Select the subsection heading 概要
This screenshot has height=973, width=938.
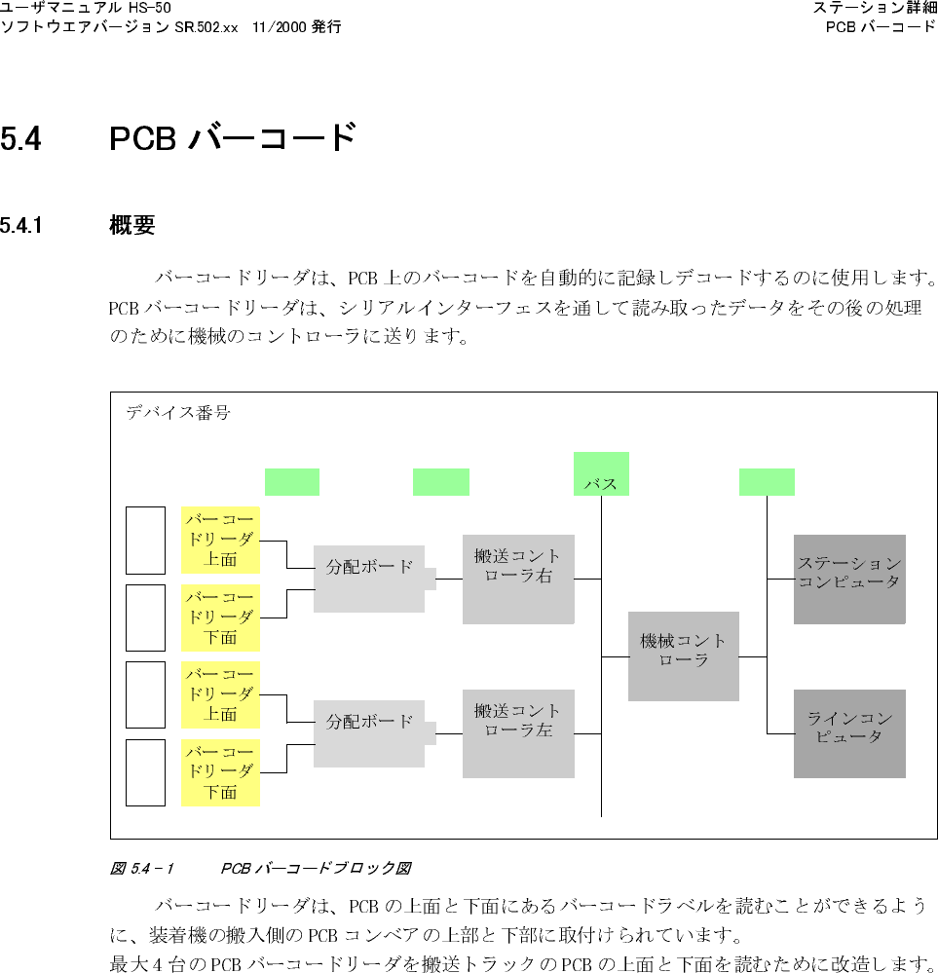click(132, 227)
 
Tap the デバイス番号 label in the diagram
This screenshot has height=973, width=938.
click(178, 413)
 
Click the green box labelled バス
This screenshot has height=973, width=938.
click(601, 474)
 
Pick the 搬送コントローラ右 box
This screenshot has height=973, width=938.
click(518, 579)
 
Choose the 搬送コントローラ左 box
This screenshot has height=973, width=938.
click(518, 733)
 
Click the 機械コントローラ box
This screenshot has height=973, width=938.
click(683, 655)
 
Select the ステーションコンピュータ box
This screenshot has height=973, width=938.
click(849, 579)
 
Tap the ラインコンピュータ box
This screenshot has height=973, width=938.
click(849, 733)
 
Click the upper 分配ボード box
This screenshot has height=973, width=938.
click(369, 579)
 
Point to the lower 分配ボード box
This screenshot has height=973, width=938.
click(369, 733)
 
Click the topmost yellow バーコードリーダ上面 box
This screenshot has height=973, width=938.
click(221, 540)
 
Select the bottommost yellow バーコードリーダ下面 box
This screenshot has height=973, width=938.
click(221, 772)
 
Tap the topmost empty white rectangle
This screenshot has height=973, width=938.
click(146, 541)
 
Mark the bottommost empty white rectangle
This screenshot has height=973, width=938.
click(146, 772)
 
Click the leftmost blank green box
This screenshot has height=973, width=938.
click(292, 482)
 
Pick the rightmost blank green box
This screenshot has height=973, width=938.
click(767, 482)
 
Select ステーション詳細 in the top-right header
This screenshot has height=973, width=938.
click(875, 9)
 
